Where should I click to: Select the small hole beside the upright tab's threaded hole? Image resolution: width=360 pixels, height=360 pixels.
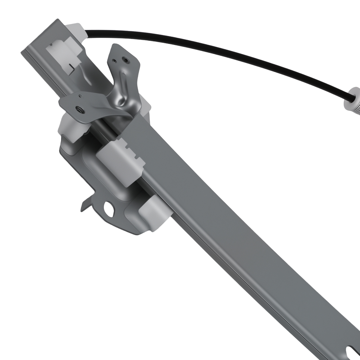click(114, 60)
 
